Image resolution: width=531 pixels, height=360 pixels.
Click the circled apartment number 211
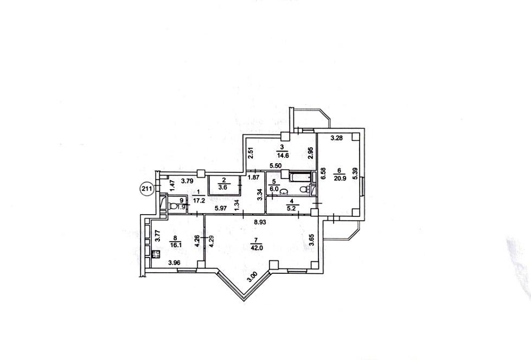146,188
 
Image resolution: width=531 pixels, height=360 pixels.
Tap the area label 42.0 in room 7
257,248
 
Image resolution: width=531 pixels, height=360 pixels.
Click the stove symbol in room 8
156,254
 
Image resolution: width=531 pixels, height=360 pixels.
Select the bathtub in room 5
300,177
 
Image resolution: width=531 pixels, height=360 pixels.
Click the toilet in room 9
173,206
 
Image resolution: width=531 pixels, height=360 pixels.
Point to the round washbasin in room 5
283,194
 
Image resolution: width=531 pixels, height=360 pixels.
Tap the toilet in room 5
305,189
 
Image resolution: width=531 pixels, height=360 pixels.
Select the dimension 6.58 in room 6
323,173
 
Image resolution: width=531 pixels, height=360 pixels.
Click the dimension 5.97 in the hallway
220,209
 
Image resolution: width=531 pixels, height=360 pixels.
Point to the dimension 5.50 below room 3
276,166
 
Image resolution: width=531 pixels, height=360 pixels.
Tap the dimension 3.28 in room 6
337,138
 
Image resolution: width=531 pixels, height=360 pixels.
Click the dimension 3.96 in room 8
175,262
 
